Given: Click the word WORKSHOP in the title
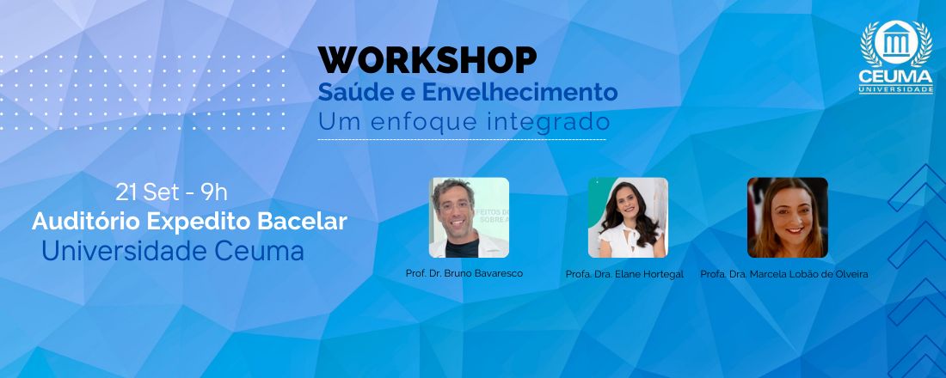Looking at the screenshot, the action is click(x=427, y=60).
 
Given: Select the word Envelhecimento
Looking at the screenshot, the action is click(x=519, y=92).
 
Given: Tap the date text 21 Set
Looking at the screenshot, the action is click(x=146, y=192).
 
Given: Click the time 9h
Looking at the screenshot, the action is click(x=214, y=192).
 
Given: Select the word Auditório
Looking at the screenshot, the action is click(x=86, y=222).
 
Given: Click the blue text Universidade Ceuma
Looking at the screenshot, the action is click(x=173, y=251).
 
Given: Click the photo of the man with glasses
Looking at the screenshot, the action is click(x=469, y=217).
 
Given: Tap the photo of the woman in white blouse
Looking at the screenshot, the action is click(x=628, y=217).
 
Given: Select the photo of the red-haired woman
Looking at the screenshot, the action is click(x=787, y=217).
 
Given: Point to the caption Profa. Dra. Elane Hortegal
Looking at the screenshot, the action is click(x=624, y=274).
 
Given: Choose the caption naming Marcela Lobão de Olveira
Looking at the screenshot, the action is click(x=784, y=274).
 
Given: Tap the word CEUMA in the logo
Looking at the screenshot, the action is click(x=896, y=76).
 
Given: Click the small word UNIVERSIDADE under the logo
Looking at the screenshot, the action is click(x=896, y=90).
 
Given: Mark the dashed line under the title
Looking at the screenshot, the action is click(x=462, y=140).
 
